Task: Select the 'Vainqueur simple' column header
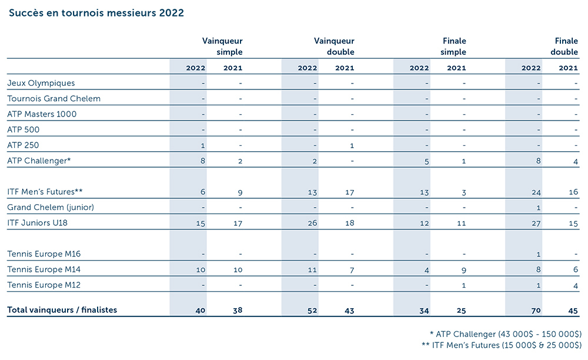coord(222,46)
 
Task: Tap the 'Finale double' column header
coord(566,46)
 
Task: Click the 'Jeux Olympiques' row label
coord(41,83)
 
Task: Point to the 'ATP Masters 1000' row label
coord(42,114)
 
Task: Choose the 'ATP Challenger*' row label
coord(38,161)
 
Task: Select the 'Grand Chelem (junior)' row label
coord(51,207)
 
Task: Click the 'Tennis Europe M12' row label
coord(44,285)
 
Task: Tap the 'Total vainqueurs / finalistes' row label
coord(62,310)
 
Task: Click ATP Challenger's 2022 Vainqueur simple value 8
coord(202,161)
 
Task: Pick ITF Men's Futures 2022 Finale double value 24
coord(536,192)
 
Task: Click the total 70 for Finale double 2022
coord(536,310)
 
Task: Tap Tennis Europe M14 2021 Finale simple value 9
coord(464,269)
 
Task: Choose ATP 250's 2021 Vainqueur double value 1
coord(352,145)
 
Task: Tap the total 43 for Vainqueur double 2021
coord(349,310)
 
